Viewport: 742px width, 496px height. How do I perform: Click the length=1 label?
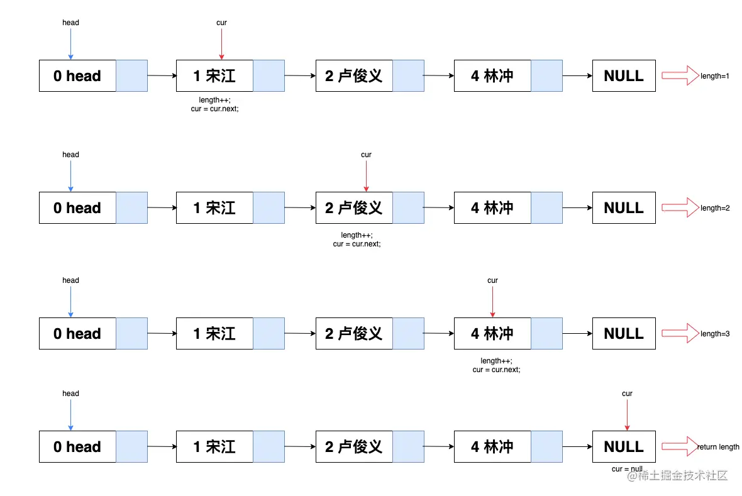[x=714, y=76]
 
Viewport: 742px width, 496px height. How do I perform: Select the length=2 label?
[x=714, y=208]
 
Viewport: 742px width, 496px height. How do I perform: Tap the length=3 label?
[x=714, y=334]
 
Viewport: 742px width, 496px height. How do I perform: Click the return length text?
[x=718, y=447]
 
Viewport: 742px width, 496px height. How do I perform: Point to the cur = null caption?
[x=627, y=469]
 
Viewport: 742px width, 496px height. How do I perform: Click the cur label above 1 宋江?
[x=221, y=23]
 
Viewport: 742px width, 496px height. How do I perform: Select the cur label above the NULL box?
[x=627, y=394]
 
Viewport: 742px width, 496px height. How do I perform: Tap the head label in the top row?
[x=70, y=23]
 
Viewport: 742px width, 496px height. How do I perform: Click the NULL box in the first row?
[x=624, y=76]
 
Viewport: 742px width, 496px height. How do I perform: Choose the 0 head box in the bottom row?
[x=77, y=447]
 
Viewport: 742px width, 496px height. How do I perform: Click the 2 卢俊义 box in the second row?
[x=354, y=208]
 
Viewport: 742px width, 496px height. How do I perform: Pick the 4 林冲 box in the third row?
[x=492, y=334]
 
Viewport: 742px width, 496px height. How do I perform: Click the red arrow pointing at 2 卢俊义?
[x=366, y=176]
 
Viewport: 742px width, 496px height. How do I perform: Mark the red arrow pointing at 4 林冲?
[x=492, y=302]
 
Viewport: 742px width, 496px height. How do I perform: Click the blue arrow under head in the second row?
[x=70, y=176]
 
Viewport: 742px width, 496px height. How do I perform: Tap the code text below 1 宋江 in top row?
[x=215, y=104]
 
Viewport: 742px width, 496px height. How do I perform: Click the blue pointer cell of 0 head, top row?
[x=131, y=76]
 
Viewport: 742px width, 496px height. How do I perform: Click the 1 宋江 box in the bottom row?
[x=214, y=447]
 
